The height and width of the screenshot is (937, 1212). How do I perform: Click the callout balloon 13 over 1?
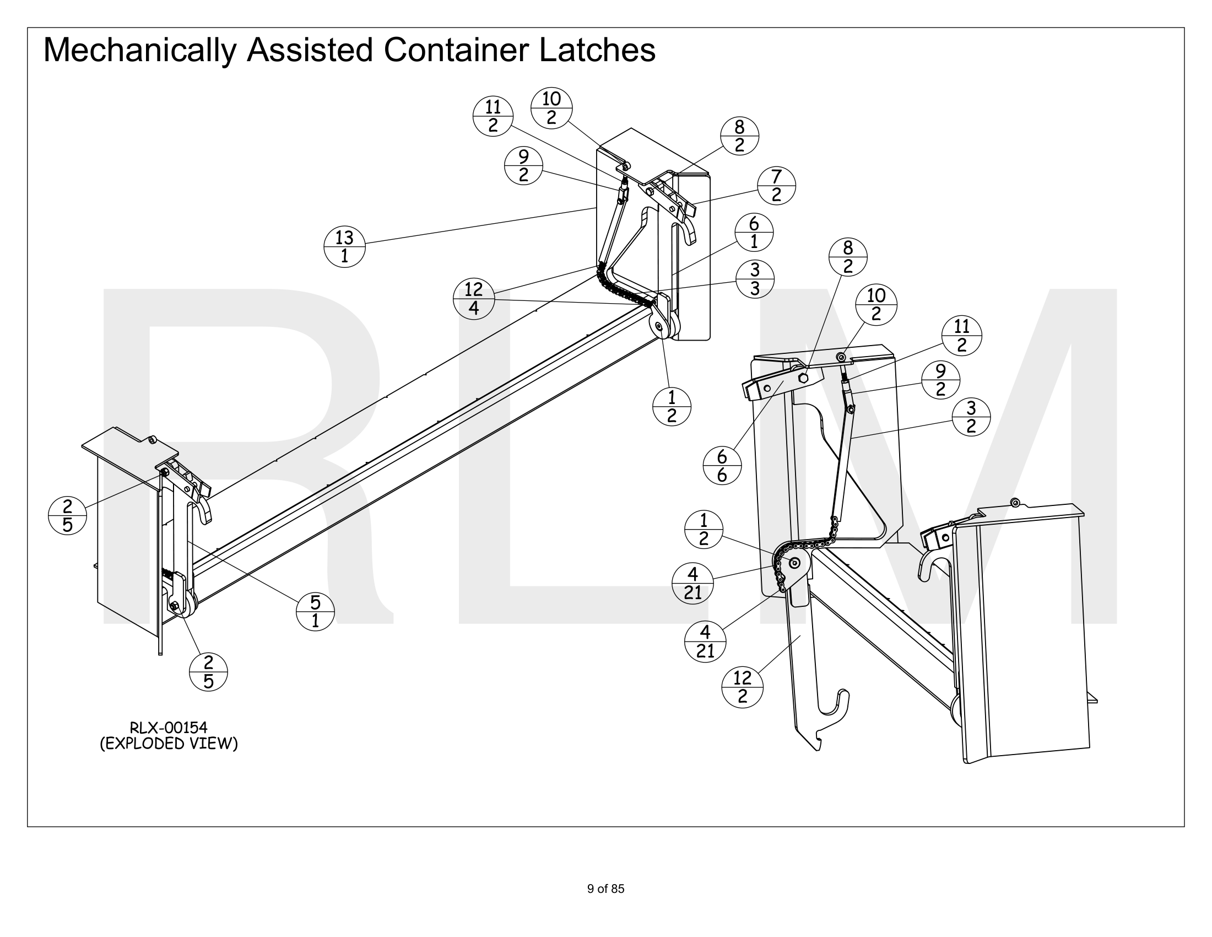point(344,246)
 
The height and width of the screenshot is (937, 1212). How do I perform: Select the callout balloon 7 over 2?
point(776,185)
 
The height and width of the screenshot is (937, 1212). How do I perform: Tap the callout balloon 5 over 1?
point(315,611)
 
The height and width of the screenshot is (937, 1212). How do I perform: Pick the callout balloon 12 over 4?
point(473,299)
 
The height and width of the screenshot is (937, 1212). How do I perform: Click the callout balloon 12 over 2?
point(742,687)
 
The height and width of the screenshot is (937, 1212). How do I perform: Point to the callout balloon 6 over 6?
point(722,466)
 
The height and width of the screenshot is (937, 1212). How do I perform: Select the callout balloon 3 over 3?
point(755,279)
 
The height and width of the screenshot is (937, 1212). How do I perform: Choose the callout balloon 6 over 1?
point(754,233)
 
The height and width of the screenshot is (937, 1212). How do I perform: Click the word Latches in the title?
point(597,50)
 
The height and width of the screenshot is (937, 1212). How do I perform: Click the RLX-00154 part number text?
point(168,727)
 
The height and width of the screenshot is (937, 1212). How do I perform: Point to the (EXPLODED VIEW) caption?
point(169,744)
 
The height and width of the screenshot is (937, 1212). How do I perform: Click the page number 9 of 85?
point(605,888)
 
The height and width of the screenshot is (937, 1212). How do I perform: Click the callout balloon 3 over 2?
point(971,417)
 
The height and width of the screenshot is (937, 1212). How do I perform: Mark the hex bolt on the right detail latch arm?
point(803,378)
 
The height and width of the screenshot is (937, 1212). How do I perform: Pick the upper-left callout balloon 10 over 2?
point(551,107)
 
